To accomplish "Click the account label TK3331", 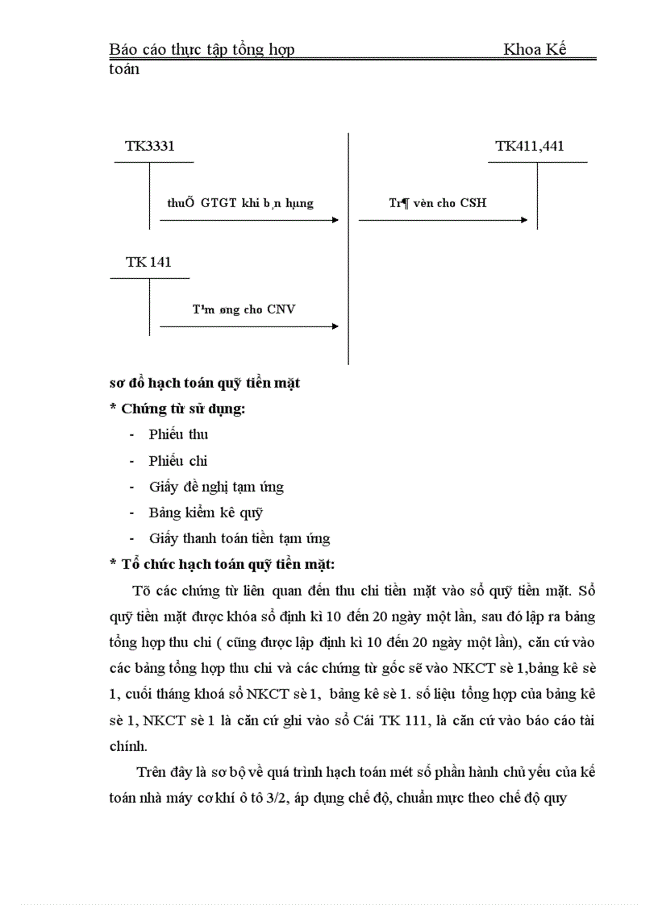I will tap(149, 147).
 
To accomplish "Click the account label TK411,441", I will tap(530, 147).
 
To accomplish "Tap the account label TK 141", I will tap(148, 263).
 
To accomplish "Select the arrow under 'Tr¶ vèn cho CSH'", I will tap(444, 219).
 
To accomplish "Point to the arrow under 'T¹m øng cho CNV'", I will tap(249, 326).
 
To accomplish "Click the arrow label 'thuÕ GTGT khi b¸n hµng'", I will tap(240, 203).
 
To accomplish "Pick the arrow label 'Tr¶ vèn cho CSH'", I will tap(438, 203).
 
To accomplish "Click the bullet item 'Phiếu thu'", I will tap(178, 435).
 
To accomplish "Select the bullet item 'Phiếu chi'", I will tap(178, 461).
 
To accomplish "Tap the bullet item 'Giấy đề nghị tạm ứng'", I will tap(216, 487).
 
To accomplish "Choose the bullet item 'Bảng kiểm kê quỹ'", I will tap(206, 513).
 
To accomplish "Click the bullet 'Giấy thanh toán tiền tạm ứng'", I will tap(239, 538).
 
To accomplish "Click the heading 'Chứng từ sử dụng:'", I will tap(183, 409).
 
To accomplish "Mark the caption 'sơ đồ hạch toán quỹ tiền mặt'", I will tap(205, 383).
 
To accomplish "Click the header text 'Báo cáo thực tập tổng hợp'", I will tap(202, 50).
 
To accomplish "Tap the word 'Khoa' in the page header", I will tap(521, 50).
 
